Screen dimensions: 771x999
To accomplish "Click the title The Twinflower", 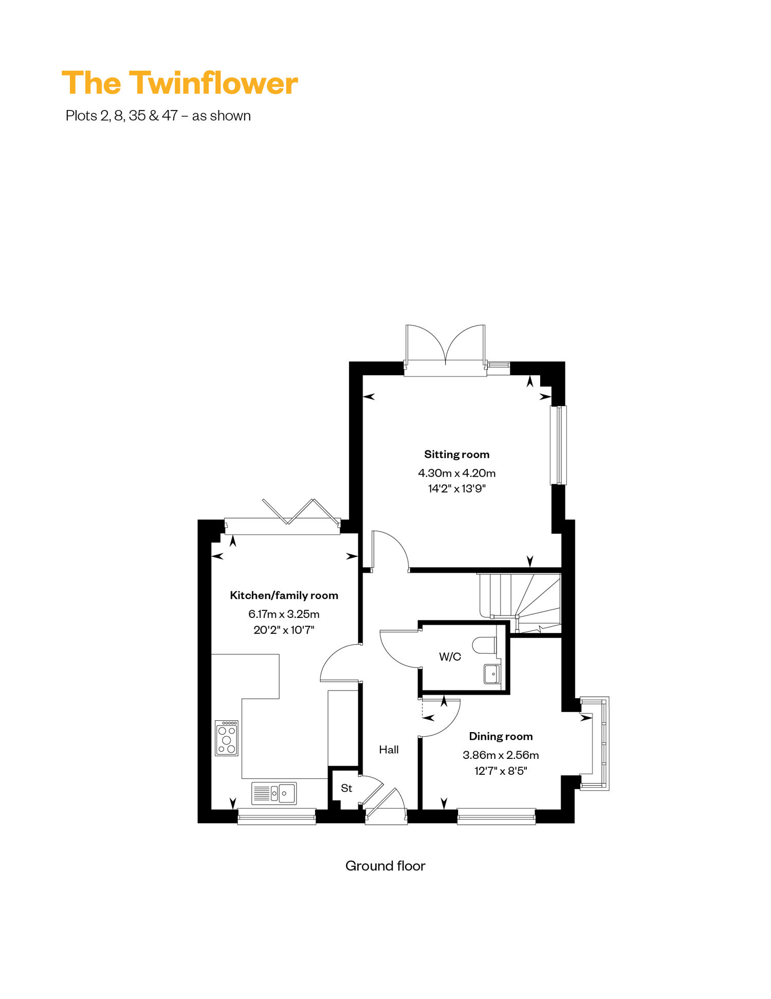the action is (x=180, y=83).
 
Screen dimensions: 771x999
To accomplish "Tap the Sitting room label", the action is (x=456, y=455).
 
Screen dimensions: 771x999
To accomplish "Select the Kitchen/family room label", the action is (x=284, y=595).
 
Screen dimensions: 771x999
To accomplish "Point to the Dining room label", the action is (x=501, y=736).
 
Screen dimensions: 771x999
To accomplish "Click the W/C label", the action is (x=450, y=657).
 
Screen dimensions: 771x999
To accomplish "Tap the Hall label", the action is (x=389, y=750).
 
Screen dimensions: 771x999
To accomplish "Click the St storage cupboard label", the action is (x=346, y=788).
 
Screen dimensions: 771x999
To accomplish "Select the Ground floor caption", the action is (x=385, y=866).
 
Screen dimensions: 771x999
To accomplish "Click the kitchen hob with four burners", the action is (x=227, y=738).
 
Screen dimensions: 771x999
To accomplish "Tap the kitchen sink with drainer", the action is (x=274, y=793).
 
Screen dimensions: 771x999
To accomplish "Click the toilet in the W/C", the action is (x=484, y=645).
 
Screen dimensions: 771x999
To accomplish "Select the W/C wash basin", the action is (x=492, y=674).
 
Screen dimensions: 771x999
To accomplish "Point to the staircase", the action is (x=520, y=603).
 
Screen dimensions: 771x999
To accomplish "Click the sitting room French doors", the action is (x=445, y=350).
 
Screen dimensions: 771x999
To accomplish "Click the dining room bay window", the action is (x=595, y=743).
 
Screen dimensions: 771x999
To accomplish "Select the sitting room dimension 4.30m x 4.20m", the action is (x=456, y=473).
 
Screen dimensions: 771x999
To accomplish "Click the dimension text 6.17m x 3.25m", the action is (x=284, y=614).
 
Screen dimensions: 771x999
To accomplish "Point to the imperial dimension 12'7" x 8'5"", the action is (x=501, y=771).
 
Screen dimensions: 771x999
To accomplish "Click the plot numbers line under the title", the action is (x=158, y=116).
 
